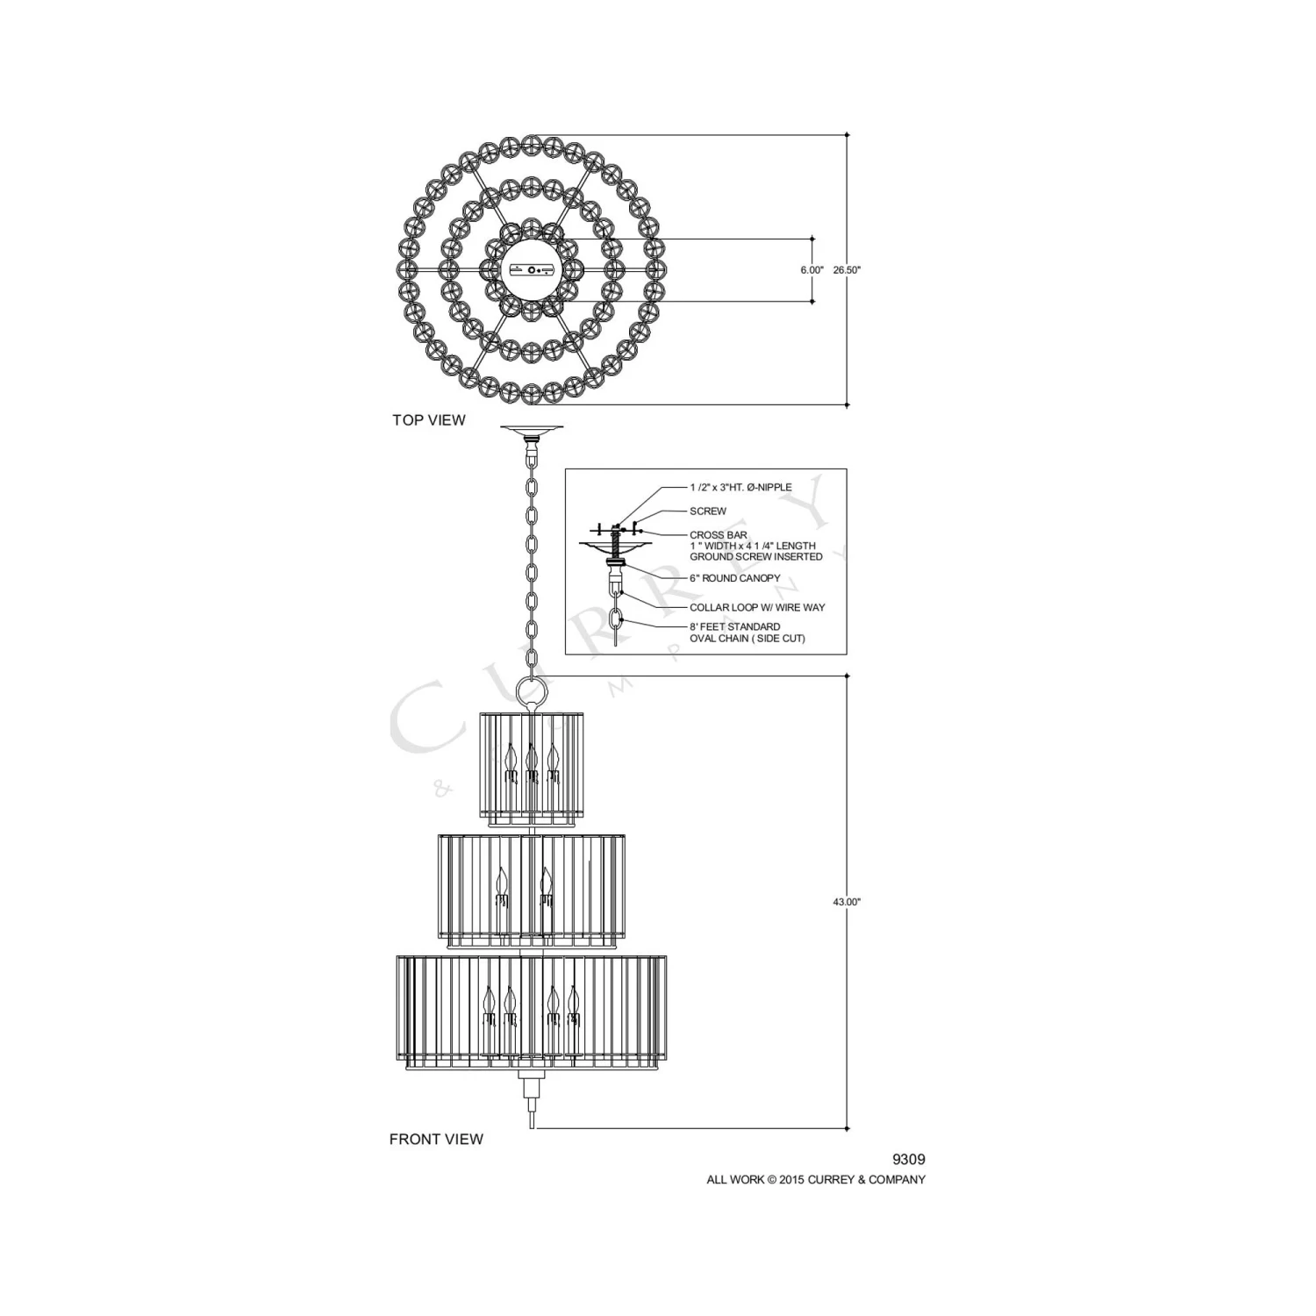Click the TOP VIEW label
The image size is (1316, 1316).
(x=429, y=420)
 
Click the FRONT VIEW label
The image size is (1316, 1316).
(x=436, y=1140)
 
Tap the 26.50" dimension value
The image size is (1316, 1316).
(x=848, y=270)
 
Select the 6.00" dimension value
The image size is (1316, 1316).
(x=812, y=270)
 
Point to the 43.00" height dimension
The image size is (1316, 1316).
(x=848, y=902)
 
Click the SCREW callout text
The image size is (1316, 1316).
(x=708, y=511)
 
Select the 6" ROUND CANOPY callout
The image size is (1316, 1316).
(x=734, y=578)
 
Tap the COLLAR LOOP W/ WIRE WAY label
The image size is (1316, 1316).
(x=757, y=607)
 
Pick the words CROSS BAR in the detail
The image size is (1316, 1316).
(x=719, y=535)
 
